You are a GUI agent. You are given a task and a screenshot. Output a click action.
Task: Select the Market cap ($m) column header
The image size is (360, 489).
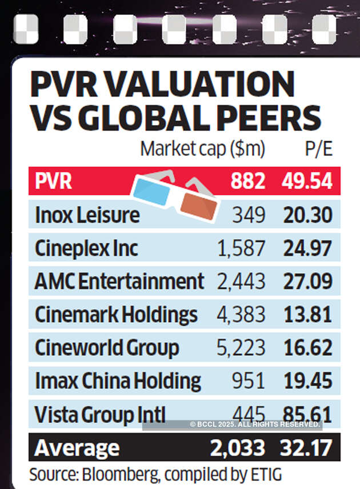click(203, 149)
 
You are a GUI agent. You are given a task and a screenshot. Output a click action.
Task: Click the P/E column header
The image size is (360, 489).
click(319, 149)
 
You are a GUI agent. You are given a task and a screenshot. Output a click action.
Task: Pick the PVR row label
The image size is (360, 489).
click(53, 182)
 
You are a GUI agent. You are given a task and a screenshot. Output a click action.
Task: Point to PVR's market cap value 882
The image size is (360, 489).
click(248, 182)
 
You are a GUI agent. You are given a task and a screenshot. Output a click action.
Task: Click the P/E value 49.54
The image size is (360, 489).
click(307, 182)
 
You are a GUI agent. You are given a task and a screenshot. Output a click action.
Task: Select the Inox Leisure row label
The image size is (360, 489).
click(87, 215)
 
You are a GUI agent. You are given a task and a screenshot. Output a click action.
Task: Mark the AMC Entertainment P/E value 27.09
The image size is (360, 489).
click(307, 282)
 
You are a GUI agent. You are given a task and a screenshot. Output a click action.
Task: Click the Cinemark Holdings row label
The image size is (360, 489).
click(116, 315)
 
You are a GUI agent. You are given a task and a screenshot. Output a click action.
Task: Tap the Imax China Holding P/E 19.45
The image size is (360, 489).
click(307, 381)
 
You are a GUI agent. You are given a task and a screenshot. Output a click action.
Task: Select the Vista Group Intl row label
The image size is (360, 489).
click(100, 414)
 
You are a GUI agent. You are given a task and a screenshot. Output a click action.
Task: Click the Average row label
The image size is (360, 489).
click(77, 448)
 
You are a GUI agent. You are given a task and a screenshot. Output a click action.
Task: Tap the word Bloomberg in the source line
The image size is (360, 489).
click(119, 474)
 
